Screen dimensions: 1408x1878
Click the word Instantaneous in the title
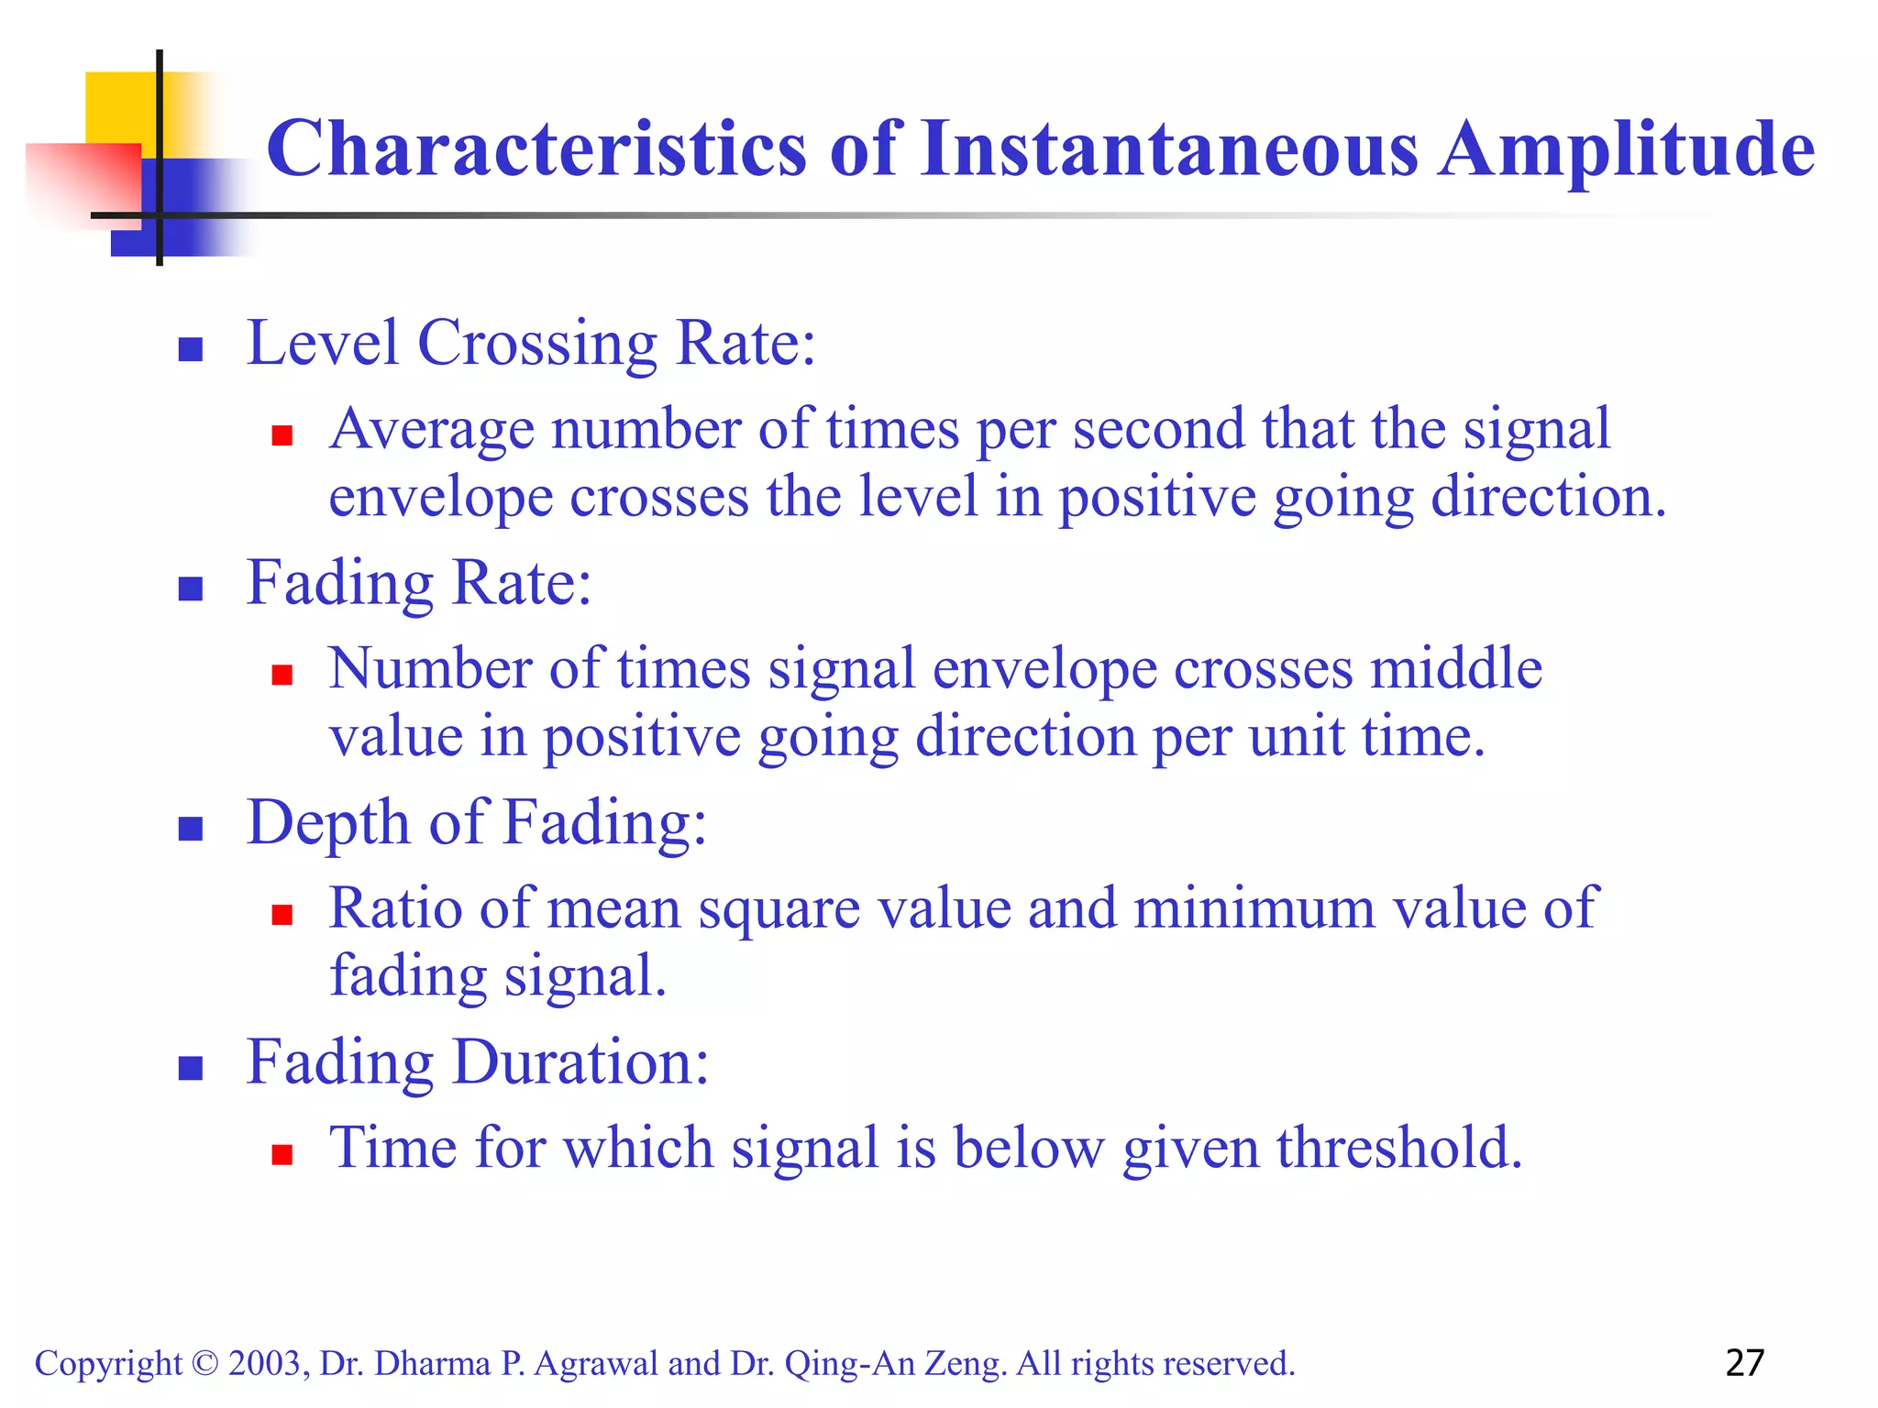coord(1169,148)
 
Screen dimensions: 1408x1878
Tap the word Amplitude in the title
coord(1627,150)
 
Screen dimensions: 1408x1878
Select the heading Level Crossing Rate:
coord(531,344)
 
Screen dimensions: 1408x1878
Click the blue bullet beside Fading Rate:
coord(190,588)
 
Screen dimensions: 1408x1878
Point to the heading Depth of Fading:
coord(477,822)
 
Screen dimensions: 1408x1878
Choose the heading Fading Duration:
coord(478,1062)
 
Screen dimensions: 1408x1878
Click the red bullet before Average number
coord(282,435)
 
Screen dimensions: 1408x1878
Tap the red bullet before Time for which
coord(282,1154)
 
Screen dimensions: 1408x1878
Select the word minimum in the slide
coord(1254,909)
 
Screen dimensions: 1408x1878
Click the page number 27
coord(1744,1363)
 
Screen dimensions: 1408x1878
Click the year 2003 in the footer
coord(265,1364)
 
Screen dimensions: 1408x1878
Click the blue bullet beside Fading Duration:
coord(190,1068)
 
